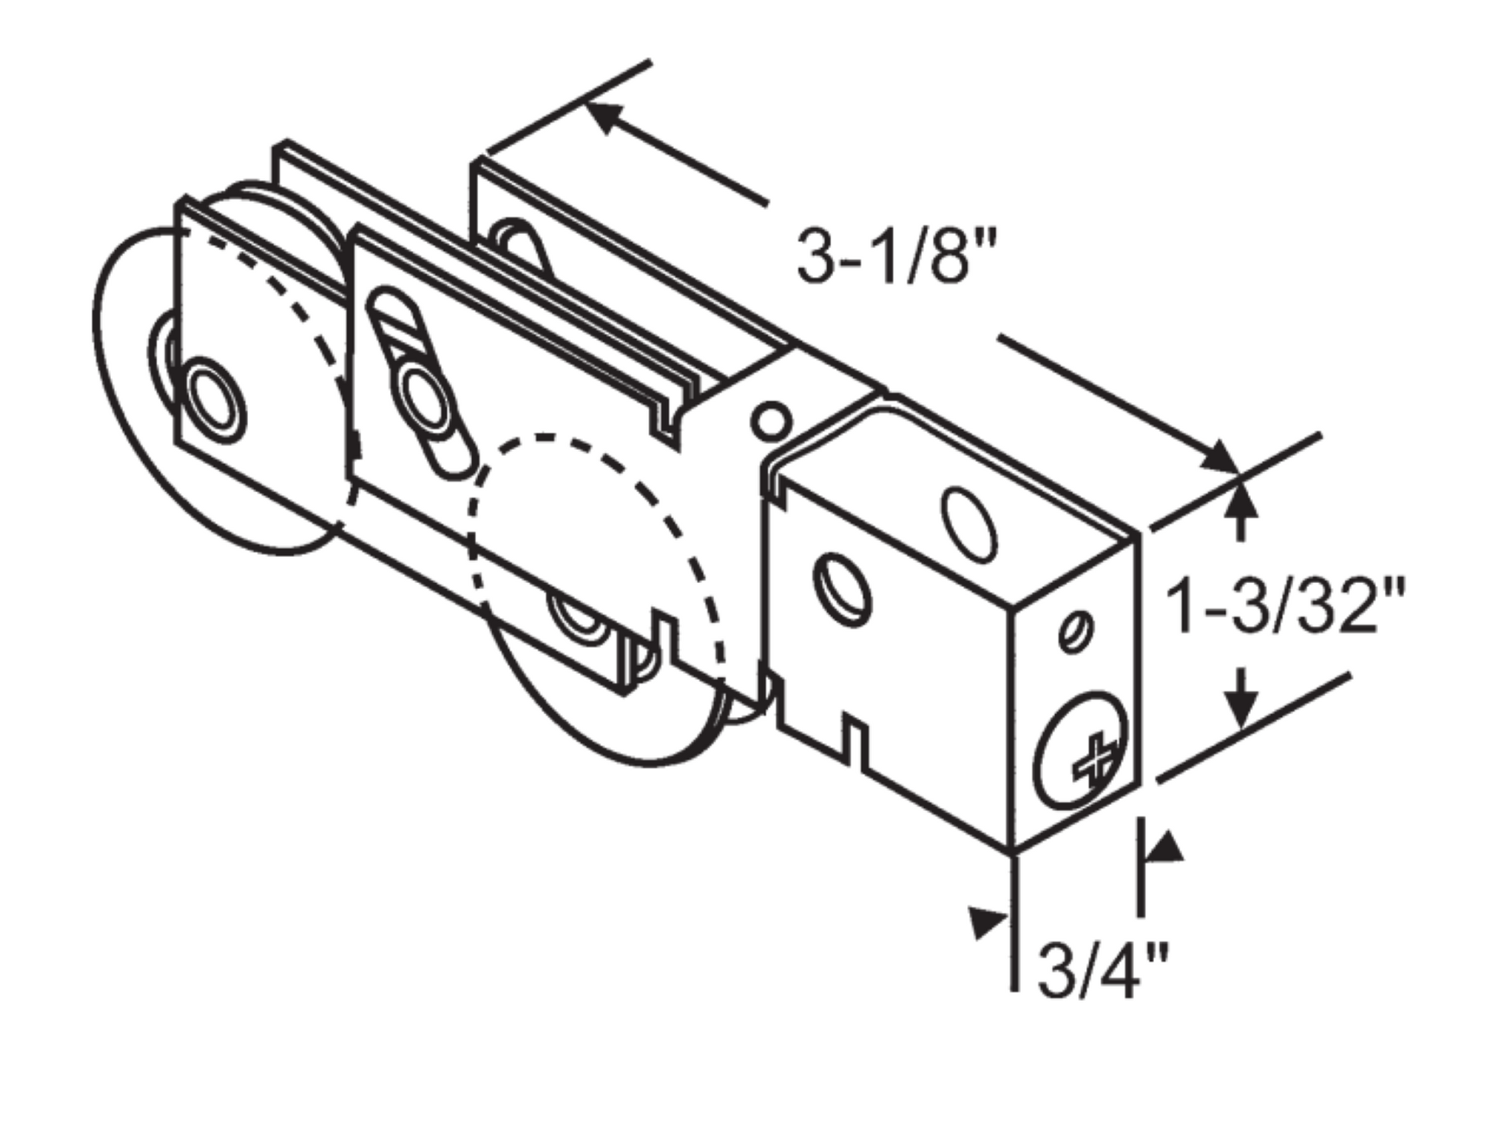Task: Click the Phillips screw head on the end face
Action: [x=1081, y=751]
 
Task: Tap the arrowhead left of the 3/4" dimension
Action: [x=987, y=921]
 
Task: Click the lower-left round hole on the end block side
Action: [x=843, y=588]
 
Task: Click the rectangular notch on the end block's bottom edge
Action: [x=855, y=738]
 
